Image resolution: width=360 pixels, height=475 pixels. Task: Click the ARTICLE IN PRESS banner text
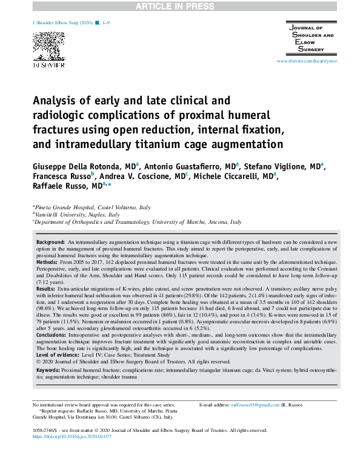coord(179,6)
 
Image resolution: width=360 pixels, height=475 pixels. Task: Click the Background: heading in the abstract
coord(50,241)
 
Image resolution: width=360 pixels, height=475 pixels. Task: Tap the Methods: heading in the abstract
coord(47,260)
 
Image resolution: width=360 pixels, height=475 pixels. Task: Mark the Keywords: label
coord(48,369)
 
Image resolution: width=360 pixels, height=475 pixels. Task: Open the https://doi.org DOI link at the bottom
coord(73,436)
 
